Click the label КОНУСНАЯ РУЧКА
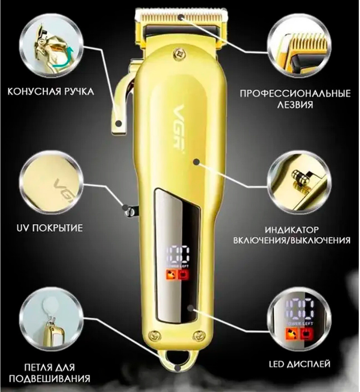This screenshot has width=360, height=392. pos(51,91)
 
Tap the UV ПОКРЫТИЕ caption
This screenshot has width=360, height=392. pos(49,228)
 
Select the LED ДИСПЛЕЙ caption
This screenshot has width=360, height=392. pos(300,364)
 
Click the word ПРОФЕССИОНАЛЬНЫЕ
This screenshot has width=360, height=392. pos(295,94)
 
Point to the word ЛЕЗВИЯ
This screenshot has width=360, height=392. pos(295,105)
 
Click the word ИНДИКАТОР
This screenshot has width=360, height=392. pos(292,229)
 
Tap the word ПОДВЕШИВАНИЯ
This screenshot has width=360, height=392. pos(50,379)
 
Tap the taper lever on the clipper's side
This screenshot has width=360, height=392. pos(121,100)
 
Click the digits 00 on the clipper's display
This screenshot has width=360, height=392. pos(178,255)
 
